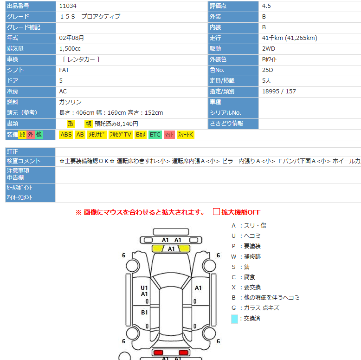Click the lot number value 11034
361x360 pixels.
[x=68, y=6]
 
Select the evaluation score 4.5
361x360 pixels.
[x=267, y=6]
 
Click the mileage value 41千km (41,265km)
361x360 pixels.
[x=290, y=38]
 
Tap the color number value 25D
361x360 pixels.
[x=268, y=70]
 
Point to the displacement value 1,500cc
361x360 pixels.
[x=70, y=49]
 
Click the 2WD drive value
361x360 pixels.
[x=268, y=49]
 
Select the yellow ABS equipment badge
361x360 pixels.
[x=66, y=135]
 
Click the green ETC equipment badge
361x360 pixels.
[x=155, y=135]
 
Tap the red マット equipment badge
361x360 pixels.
[x=169, y=135]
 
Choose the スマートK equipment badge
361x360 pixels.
[x=186, y=135]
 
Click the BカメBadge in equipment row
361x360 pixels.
[x=141, y=135]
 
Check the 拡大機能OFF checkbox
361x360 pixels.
[x=216, y=212]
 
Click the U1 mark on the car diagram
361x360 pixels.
[x=144, y=288]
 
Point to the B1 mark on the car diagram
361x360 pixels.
[x=144, y=313]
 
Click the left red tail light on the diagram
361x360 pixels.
[x=159, y=352]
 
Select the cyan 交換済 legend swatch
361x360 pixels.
[x=234, y=319]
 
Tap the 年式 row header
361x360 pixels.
[x=13, y=38]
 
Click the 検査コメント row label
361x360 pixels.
[x=24, y=161]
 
